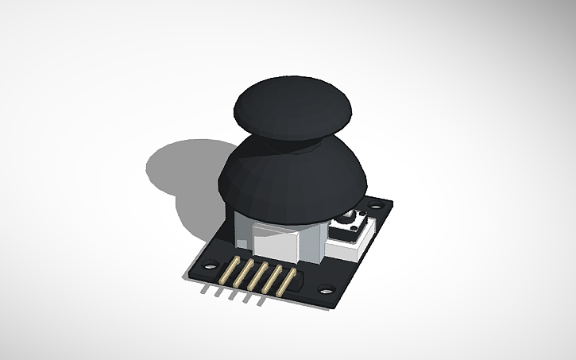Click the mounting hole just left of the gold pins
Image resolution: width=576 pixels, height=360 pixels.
tap(210, 265)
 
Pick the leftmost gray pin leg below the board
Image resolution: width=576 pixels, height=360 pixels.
tap(205, 289)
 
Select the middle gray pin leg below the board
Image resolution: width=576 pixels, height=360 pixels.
tap(232, 295)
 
